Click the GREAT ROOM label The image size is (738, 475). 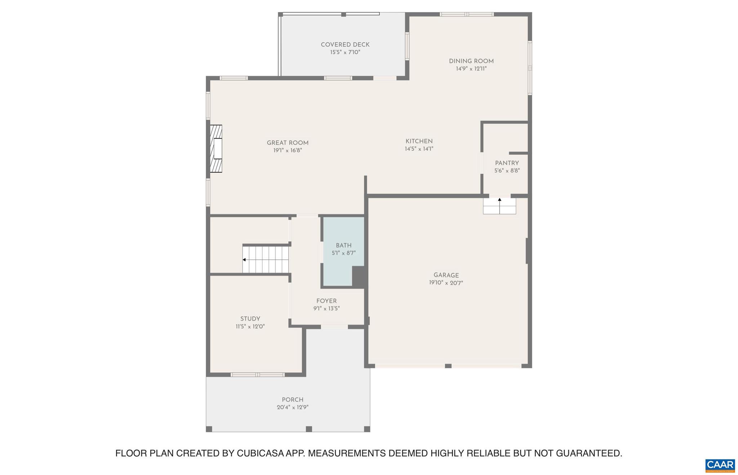pos(288,143)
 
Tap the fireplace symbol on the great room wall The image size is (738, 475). pos(216,149)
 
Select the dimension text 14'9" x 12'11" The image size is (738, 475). pos(471,69)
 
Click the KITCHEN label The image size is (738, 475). pos(419,141)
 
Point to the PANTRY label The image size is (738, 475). pos(507,163)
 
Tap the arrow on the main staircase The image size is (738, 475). pos(244,260)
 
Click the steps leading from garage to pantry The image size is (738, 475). pos(499,206)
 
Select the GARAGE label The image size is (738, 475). pos(446,275)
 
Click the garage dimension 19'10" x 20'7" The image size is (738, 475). pos(446,283)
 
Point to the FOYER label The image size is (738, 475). pos(326,301)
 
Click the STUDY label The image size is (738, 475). pos(250,319)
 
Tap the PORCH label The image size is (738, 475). pos(292,400)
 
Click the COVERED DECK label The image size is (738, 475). pos(345,45)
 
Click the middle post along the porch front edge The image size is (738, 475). pos(308,429)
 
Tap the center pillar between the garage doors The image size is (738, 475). pos(448,366)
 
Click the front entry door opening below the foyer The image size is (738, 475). pos(334,327)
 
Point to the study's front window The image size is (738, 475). pos(257,375)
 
